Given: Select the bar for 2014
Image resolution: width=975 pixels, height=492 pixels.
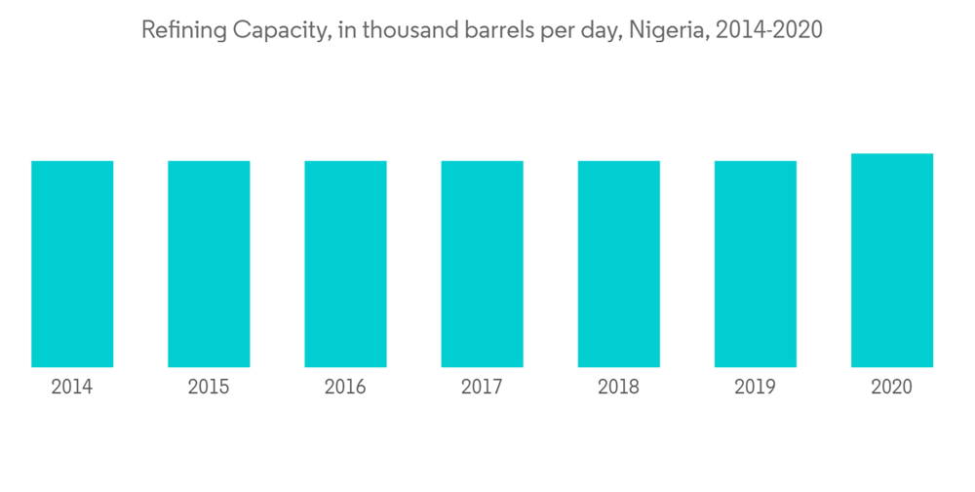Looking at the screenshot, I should [x=72, y=264].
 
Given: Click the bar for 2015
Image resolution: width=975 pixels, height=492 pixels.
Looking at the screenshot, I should [x=209, y=264].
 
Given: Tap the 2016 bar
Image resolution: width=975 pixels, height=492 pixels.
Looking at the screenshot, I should [x=345, y=264].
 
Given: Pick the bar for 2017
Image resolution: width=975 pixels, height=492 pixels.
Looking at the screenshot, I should [x=482, y=264].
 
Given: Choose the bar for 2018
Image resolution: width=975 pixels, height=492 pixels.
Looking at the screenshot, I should [x=618, y=264].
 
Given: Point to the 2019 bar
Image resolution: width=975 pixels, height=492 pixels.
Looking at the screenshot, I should [x=755, y=264].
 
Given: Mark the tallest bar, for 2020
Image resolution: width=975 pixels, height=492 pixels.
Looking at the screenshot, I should [x=891, y=260].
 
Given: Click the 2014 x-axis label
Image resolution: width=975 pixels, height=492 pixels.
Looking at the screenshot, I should [x=72, y=388].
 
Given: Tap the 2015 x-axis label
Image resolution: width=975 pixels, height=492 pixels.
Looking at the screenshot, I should [x=209, y=388].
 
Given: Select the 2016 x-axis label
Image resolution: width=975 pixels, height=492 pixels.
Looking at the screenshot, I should [x=345, y=388].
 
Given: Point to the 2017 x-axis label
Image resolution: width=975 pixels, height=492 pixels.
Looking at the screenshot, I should [x=482, y=388].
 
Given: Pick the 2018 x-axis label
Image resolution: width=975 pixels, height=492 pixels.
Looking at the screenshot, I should [x=618, y=388].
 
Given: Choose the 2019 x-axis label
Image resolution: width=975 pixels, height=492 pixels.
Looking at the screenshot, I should [x=755, y=388].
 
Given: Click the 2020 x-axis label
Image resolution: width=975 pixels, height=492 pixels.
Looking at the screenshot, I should [x=891, y=388].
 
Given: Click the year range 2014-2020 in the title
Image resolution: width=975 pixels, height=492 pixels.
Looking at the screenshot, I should [x=769, y=31].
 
